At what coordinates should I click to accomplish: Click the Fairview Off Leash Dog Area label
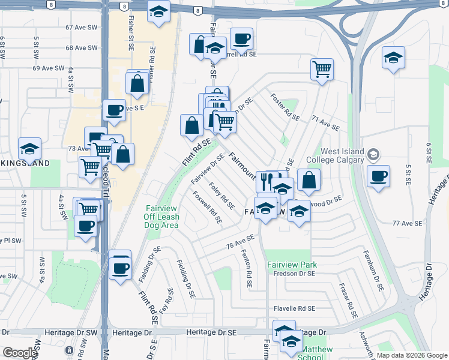(161, 217)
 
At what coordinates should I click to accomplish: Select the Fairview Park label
(291, 265)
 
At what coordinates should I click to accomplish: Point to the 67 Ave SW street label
(82, 28)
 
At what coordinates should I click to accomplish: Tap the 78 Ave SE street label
(240, 244)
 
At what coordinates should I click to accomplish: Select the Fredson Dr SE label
(294, 274)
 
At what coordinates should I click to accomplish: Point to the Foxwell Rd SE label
(208, 208)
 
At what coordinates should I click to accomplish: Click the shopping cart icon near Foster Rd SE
(322, 68)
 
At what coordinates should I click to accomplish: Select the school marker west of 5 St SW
(29, 148)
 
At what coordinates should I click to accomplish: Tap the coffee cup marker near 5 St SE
(378, 176)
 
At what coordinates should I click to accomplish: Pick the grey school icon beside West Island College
(374, 155)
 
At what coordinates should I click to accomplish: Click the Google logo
(19, 353)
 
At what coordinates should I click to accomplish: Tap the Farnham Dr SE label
(373, 271)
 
